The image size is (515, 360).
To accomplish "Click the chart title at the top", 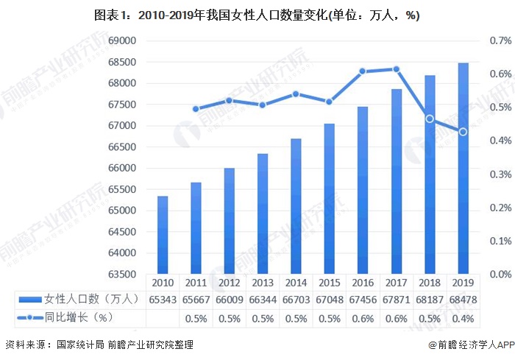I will coord(257,15).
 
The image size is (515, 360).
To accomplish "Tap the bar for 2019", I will coord(463,169).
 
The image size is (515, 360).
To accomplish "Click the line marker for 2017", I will coord(396,69).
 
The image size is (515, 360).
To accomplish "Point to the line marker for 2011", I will coord(196,109).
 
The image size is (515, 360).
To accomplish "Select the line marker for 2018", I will coord(430,119).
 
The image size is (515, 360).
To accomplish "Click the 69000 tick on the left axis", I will coord(121,40).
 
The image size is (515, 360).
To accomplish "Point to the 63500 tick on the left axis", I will coord(121,274).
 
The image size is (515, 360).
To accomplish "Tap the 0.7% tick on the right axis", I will coord(500,40).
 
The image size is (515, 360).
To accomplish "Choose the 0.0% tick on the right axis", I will coord(500,274).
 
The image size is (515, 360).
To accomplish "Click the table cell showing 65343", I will coord(163,300).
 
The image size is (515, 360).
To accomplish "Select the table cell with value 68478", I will coord(463,300).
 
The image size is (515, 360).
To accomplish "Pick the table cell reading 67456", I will coord(363,300).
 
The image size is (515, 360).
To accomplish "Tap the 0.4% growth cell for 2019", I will coord(463,318).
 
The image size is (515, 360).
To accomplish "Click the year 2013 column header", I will coord(263,282).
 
